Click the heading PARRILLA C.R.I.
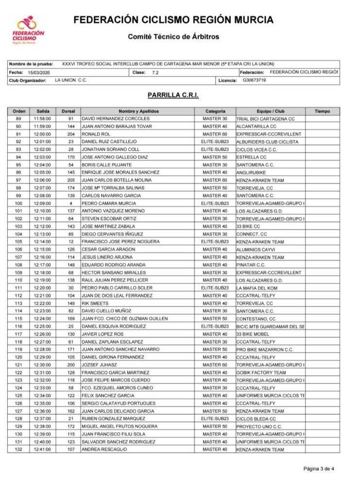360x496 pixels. coord(173,96)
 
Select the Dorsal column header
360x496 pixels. coord(68,111)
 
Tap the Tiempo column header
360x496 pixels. coord(322,111)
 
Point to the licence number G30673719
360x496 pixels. coord(254,80)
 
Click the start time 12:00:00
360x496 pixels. coord(42,134)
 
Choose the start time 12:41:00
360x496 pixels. coord(42,449)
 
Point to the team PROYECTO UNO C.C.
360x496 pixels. coord(259,427)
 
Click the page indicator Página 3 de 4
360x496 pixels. coord(319,468)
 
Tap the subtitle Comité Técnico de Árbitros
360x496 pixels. coord(173,36)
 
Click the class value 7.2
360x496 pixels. coord(155,72)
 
